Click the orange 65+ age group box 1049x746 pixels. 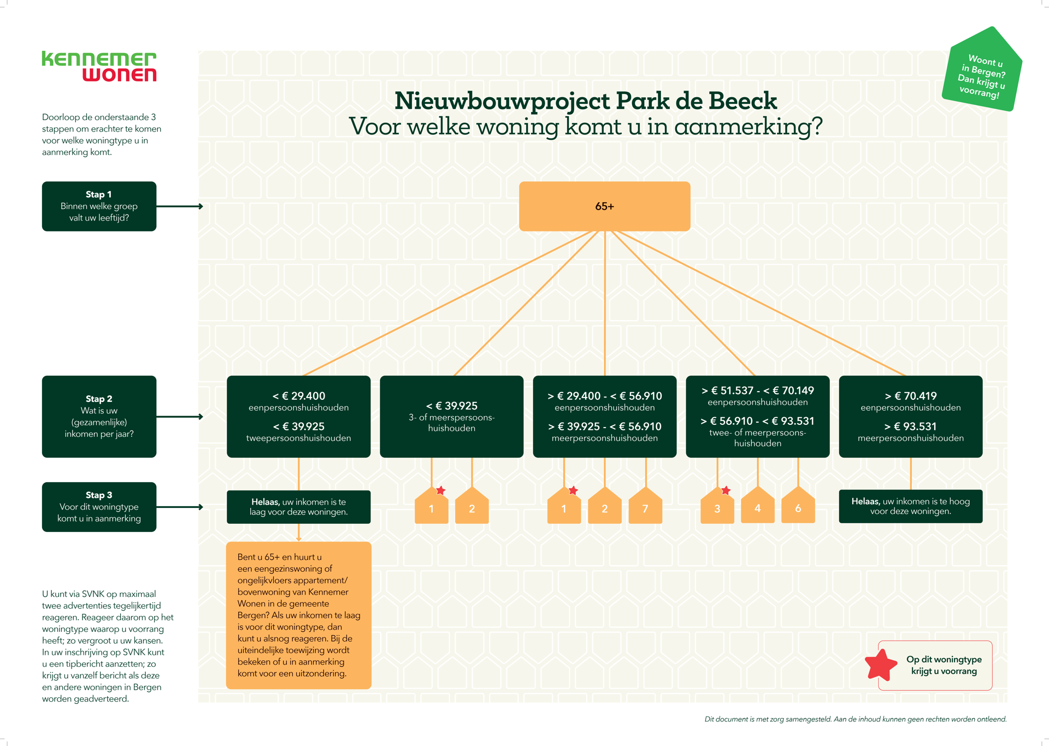click(604, 206)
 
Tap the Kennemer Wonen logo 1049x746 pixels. click(99, 67)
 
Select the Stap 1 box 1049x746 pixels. click(99, 206)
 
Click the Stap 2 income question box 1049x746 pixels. click(99, 416)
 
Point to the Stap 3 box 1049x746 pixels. click(99, 507)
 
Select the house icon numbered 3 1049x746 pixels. click(717, 508)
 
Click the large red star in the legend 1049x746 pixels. click(881, 665)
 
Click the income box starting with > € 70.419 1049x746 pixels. click(910, 416)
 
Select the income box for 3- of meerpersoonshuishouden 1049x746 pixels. click(451, 416)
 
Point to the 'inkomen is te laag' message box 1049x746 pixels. click(298, 507)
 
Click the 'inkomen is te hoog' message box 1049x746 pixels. click(910, 506)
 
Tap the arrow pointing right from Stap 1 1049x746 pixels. click(180, 206)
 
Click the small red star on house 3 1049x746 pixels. click(726, 490)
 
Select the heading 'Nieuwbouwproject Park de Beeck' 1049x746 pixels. click(585, 101)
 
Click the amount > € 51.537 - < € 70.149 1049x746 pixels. click(757, 390)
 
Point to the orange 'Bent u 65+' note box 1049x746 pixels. click(298, 615)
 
